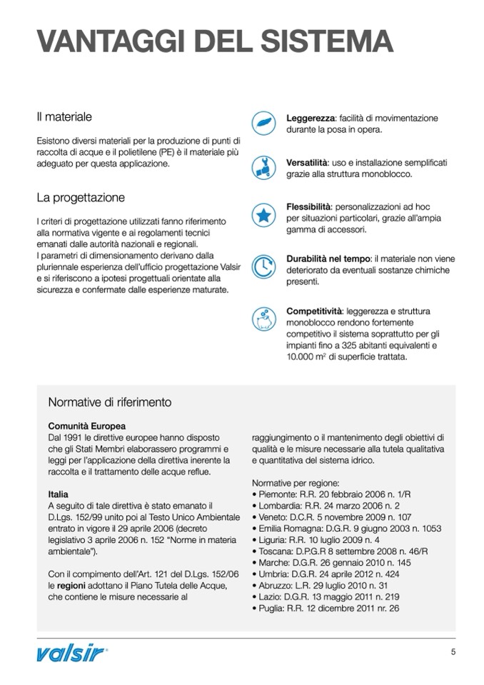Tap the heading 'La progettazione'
click(x=81, y=197)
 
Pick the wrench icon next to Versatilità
click(x=264, y=168)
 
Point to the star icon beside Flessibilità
click(x=264, y=214)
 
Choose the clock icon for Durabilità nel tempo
click(x=264, y=264)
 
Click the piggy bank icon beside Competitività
click(x=264, y=317)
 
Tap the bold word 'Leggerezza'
click(x=311, y=118)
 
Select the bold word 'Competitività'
click(x=314, y=311)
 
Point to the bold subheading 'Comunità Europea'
click(x=86, y=426)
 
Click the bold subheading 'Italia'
click(x=59, y=494)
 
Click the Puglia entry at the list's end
click(x=326, y=609)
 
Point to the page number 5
click(x=453, y=651)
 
